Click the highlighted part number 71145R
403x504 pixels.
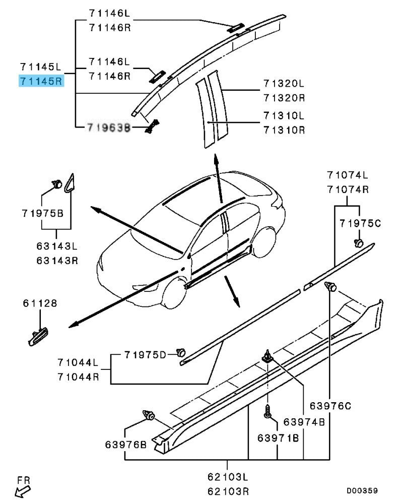(42, 81)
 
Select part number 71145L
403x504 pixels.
(42, 67)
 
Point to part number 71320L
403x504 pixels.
(284, 83)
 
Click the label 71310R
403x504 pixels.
(284, 130)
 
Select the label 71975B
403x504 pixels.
(42, 213)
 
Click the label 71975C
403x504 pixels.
(360, 223)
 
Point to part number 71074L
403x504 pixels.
(347, 175)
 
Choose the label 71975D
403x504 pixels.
(145, 355)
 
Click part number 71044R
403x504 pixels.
(78, 376)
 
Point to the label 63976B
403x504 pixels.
(126, 445)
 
